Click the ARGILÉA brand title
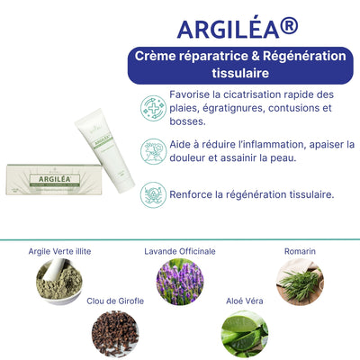click(238, 28)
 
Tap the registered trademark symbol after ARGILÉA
click(289, 26)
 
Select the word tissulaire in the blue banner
click(240, 73)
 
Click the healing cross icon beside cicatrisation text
click(153, 108)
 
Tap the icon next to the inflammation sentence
click(153, 151)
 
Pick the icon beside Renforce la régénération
click(153, 195)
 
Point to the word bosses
click(187, 121)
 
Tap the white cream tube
click(104, 150)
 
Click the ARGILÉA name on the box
click(55, 179)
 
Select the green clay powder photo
click(59, 282)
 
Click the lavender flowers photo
click(180, 282)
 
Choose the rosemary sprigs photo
click(300, 282)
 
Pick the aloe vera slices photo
click(245, 334)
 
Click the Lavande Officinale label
click(180, 251)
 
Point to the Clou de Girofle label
click(115, 301)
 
